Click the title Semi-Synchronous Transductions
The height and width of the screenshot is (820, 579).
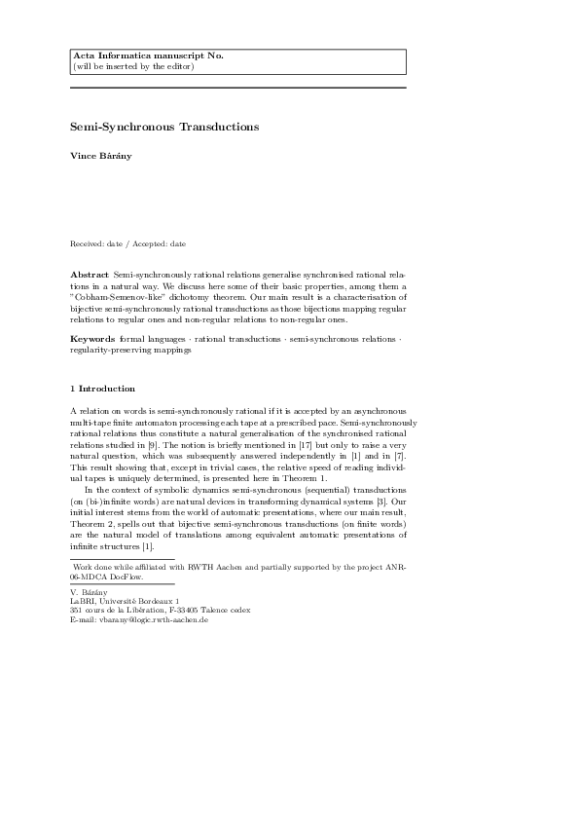point(164,127)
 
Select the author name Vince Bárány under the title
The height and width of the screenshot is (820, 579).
point(101,156)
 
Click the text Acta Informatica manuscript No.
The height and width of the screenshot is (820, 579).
point(148,56)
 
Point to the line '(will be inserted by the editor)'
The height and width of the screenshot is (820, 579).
point(133,66)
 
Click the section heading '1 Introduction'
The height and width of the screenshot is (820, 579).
point(103,389)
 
